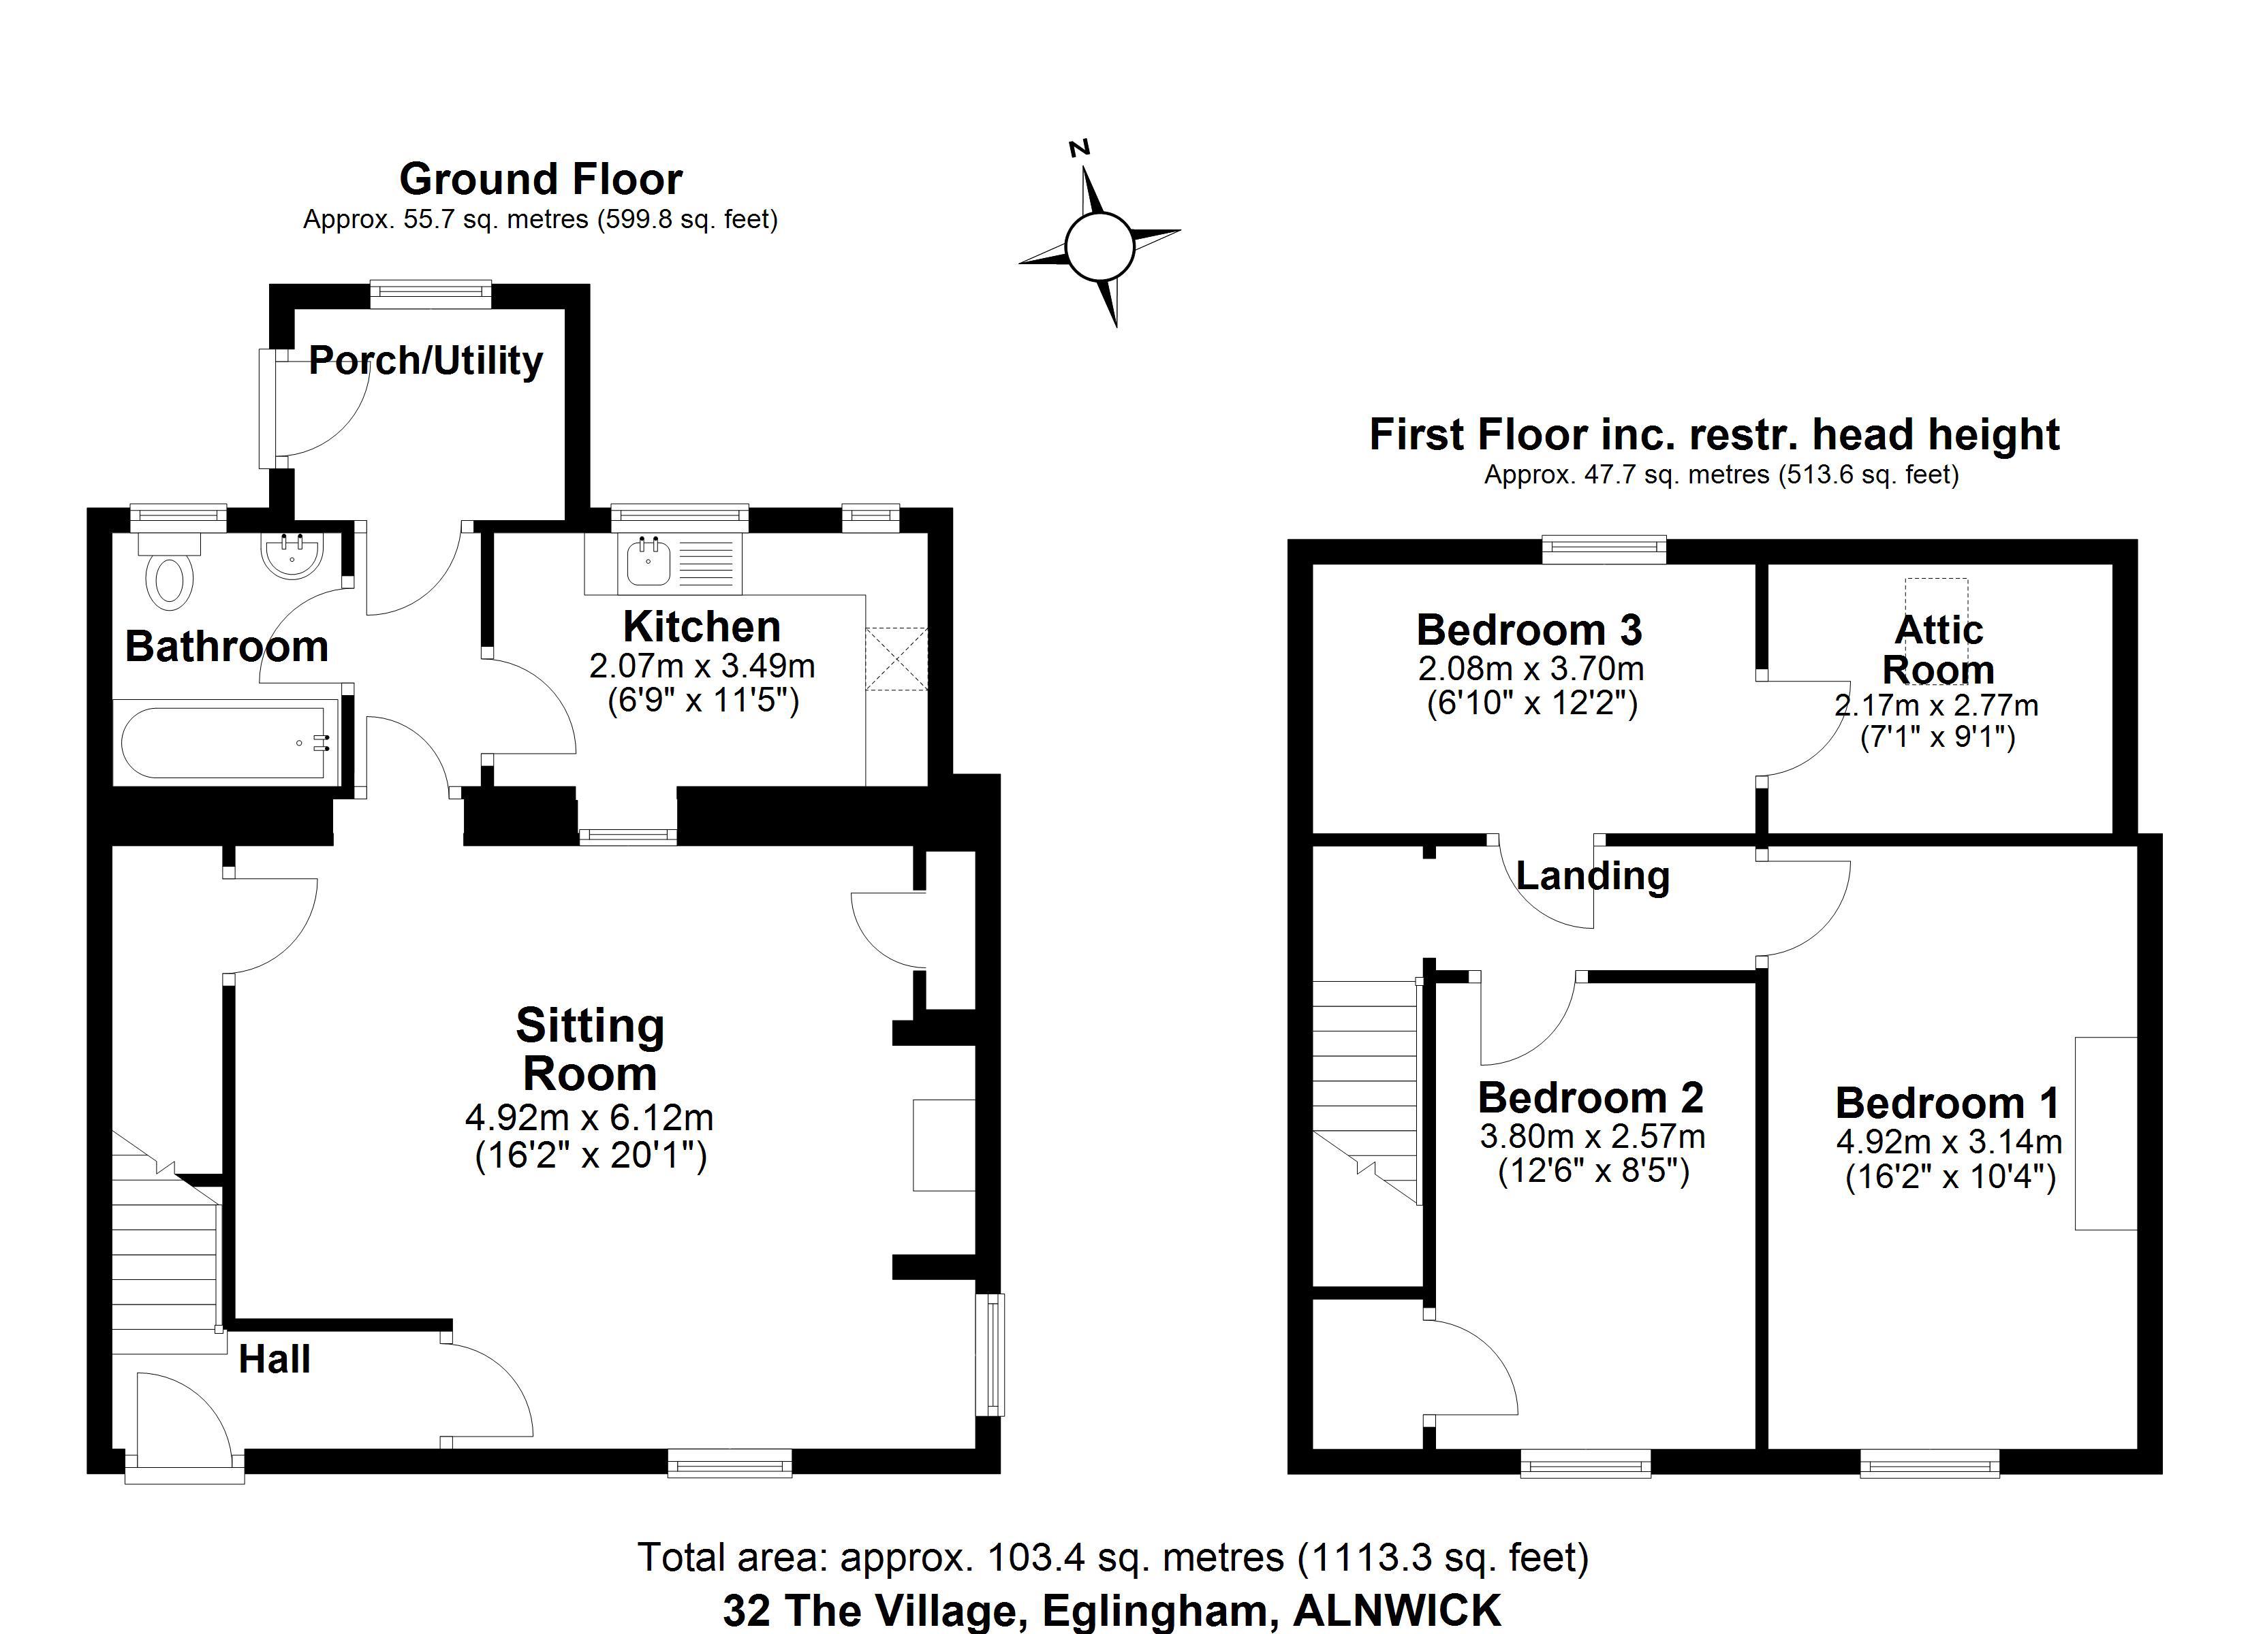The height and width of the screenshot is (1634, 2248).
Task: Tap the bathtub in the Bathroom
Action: (226, 742)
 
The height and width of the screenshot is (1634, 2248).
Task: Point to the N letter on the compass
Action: (1080, 148)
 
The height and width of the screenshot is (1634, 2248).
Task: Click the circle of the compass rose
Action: (1099, 246)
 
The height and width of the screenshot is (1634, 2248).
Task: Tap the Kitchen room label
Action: (702, 626)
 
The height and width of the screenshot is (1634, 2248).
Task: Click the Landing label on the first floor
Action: (1593, 876)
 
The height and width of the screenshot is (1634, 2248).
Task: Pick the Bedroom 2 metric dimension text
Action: (1593, 1136)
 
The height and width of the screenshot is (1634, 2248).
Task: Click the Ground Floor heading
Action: (541, 179)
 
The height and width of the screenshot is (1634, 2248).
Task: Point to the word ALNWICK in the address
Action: (1398, 1610)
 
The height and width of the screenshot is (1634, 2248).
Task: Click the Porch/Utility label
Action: (426, 361)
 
